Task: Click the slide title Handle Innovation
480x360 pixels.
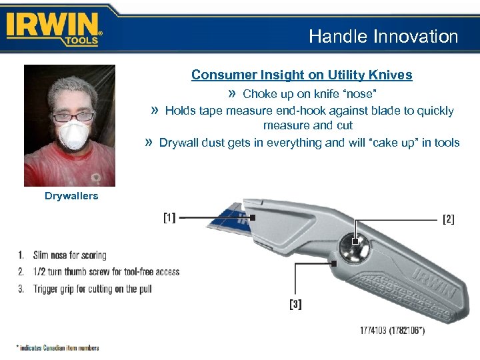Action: point(383,37)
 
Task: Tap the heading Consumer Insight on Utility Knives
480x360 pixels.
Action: point(301,75)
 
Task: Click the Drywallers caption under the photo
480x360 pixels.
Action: point(71,196)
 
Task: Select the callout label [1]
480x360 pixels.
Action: point(170,217)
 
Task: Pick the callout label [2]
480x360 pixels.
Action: point(449,219)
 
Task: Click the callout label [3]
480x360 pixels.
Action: point(295,305)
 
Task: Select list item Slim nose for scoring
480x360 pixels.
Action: point(70,255)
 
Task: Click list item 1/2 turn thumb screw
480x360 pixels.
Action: point(106,272)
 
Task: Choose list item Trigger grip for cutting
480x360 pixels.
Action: point(93,289)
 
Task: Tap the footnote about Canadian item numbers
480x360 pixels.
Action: point(57,347)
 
